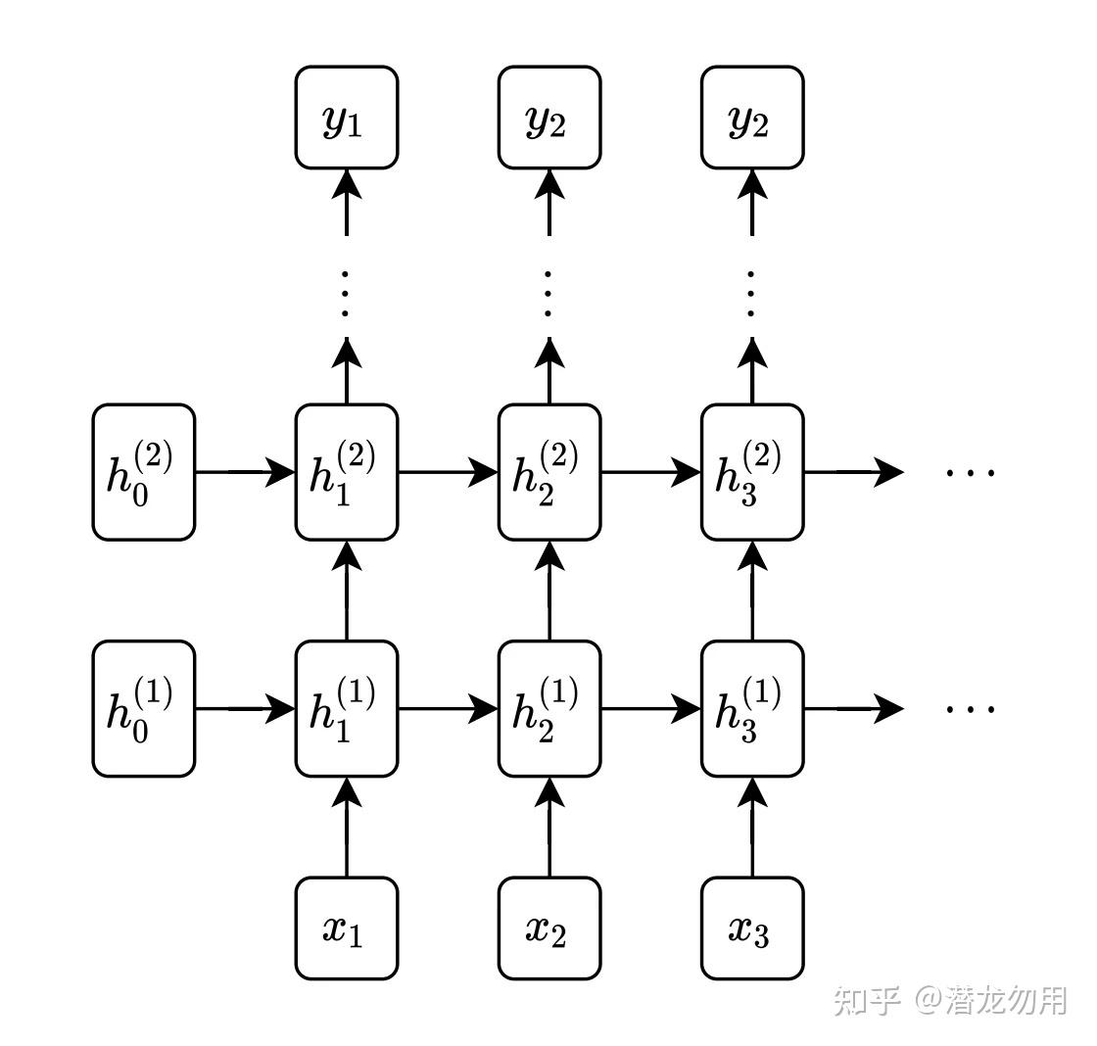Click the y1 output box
pos(347,118)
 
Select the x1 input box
pos(347,928)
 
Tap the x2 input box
pos(549,928)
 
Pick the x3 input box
pos(752,928)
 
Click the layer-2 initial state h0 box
pos(144,472)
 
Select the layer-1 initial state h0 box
pos(144,708)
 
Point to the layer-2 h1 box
pos(347,472)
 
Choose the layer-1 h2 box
pos(549,708)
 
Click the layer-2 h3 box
pos(752,472)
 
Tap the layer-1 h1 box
pos(347,708)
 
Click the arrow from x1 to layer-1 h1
pos(347,828)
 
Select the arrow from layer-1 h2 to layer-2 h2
pos(549,591)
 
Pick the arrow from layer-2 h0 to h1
pos(245,472)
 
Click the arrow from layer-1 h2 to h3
pos(650,708)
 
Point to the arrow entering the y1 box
pos(347,201)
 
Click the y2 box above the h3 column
pos(752,118)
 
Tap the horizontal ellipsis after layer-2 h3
pos(970,472)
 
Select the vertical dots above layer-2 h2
pos(549,291)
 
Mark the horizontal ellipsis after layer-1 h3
pos(970,708)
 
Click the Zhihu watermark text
pos(949,1000)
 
